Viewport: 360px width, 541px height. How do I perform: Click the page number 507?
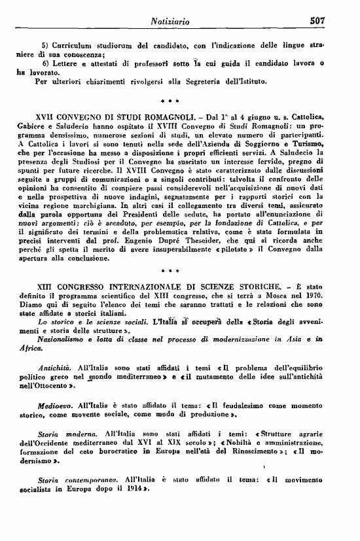click(x=336, y=21)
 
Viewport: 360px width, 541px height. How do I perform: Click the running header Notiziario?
click(x=170, y=22)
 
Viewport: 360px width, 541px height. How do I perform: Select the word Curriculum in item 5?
click(x=77, y=45)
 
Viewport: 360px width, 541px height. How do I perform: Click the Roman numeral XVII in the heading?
click(x=50, y=116)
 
